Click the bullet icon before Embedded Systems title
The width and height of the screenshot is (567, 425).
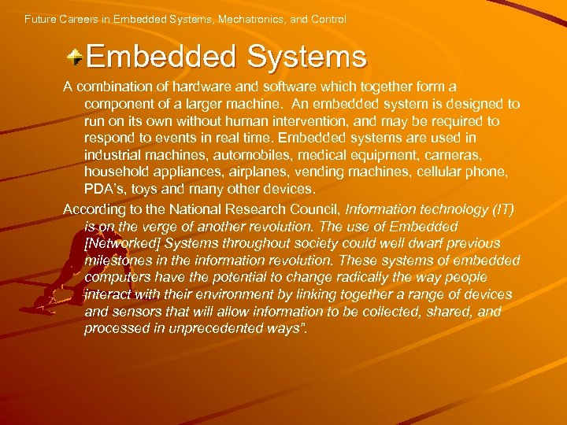point(75,57)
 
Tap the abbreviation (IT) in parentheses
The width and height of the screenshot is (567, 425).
point(501,209)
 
